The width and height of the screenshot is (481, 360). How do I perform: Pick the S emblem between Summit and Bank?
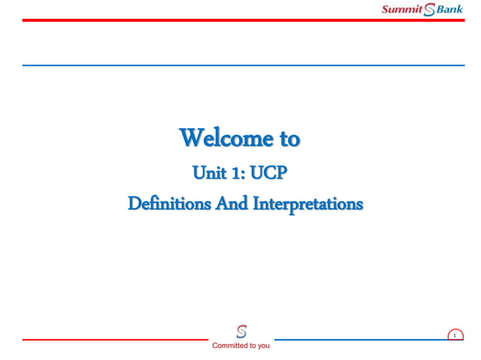(x=430, y=10)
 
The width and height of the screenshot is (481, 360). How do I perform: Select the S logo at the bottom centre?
(x=241, y=331)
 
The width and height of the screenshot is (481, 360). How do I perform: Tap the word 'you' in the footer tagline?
(x=262, y=346)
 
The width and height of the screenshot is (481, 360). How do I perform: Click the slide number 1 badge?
(x=455, y=336)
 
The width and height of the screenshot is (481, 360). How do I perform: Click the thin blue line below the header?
(x=241, y=66)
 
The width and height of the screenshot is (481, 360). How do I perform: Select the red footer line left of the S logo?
(x=113, y=340)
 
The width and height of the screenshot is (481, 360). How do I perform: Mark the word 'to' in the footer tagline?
(x=252, y=346)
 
